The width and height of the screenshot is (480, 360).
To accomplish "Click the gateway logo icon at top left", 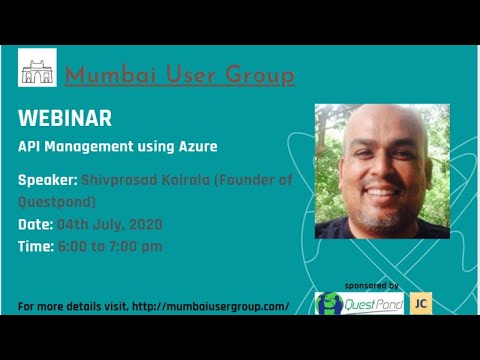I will pos(37,67).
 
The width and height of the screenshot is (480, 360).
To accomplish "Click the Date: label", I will pos(36,224).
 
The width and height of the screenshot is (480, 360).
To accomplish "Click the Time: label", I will pos(37,246).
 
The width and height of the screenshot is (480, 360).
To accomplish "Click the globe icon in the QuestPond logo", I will pos(329,304).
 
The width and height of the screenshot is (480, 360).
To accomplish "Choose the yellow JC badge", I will pos(421,303).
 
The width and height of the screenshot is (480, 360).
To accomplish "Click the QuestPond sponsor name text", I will pos(373,304).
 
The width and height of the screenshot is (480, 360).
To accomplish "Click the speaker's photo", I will pos(382,171).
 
